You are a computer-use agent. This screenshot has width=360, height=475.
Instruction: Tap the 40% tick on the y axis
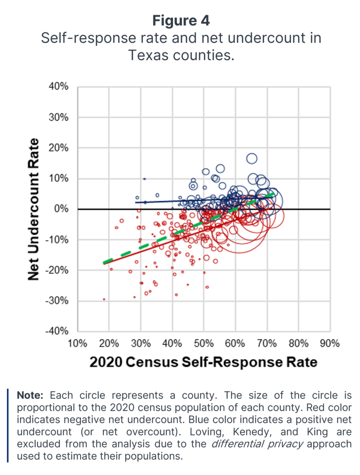click(x=59, y=87)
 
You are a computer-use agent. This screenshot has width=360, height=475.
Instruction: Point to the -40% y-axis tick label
click(x=58, y=331)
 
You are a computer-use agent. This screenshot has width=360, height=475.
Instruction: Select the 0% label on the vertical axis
click(x=62, y=209)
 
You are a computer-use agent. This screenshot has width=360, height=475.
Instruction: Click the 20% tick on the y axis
click(x=59, y=148)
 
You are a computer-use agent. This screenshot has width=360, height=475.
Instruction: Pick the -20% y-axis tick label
click(x=58, y=270)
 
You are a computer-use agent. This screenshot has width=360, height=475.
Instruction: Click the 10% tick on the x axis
click(x=77, y=344)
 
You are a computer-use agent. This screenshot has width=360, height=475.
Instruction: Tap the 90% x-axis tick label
click(x=330, y=344)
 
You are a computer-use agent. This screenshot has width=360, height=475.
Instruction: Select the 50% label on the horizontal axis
click(x=204, y=344)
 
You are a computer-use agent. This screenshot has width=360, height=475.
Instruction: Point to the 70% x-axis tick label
click(x=267, y=344)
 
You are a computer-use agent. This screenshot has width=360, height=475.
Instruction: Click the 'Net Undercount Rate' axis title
click(x=33, y=209)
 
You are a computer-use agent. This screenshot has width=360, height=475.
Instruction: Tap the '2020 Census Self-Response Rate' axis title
click(x=204, y=362)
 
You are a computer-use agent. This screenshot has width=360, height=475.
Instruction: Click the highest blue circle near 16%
click(x=251, y=159)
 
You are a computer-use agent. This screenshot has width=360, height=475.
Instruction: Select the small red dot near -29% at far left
click(x=104, y=299)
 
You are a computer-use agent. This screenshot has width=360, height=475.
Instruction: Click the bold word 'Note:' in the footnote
click(x=31, y=396)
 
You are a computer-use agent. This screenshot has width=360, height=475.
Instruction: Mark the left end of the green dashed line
click(x=103, y=263)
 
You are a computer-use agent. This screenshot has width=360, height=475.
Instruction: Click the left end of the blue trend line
click(x=135, y=202)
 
